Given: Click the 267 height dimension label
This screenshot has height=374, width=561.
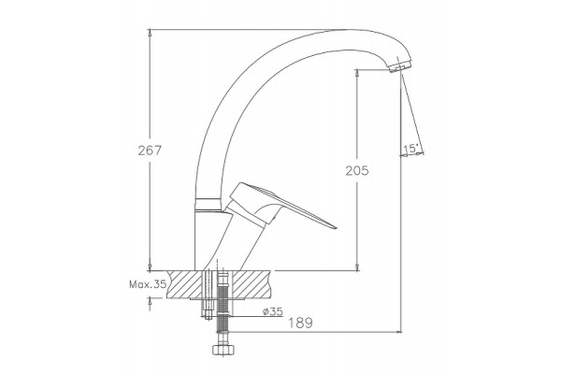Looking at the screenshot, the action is [150, 151].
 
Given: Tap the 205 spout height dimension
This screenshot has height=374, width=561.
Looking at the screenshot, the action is [357, 171].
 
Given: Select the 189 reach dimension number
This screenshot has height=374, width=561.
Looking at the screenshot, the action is [300, 323].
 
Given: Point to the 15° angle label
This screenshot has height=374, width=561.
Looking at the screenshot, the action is [411, 148].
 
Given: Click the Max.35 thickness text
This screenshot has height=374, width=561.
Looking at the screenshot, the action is [148, 284].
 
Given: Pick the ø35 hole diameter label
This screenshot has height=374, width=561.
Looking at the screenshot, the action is [273, 311].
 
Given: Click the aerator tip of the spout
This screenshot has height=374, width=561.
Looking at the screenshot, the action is [399, 66].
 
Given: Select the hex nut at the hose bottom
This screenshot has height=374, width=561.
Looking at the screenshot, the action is [223, 350].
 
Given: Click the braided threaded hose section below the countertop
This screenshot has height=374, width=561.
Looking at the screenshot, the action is [223, 308].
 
